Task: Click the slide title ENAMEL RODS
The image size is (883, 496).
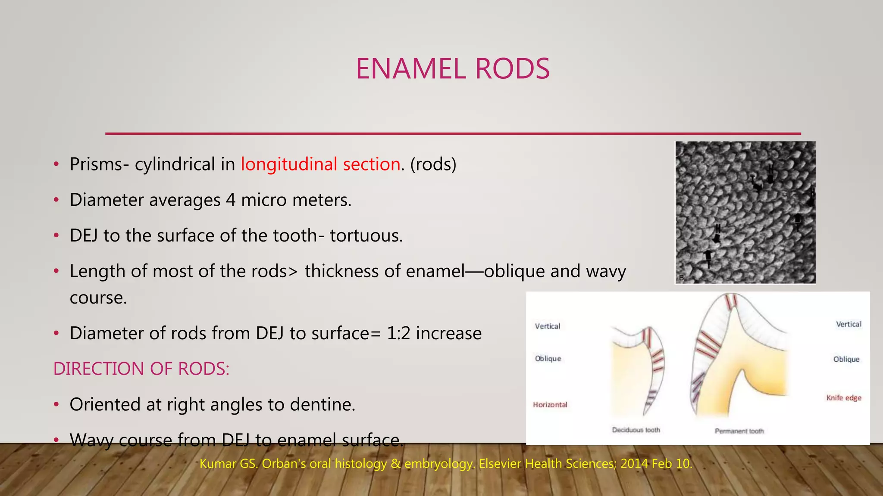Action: [453, 69]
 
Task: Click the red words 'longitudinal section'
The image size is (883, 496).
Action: [320, 164]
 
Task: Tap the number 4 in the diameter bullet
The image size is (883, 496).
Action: [231, 200]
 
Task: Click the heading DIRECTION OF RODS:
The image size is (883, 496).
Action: [141, 369]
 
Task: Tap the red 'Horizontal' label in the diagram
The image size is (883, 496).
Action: [550, 405]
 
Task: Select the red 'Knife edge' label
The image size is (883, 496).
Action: [844, 398]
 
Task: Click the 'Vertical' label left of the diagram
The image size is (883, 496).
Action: [548, 326]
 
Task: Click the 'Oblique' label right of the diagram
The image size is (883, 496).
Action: [846, 359]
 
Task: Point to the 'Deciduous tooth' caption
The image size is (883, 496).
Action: [636, 430]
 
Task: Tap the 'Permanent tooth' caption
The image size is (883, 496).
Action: [739, 431]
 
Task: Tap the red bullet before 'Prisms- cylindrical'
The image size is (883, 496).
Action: [56, 165]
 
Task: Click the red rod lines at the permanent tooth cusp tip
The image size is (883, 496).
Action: [731, 301]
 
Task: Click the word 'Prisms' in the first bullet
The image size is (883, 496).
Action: [96, 164]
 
